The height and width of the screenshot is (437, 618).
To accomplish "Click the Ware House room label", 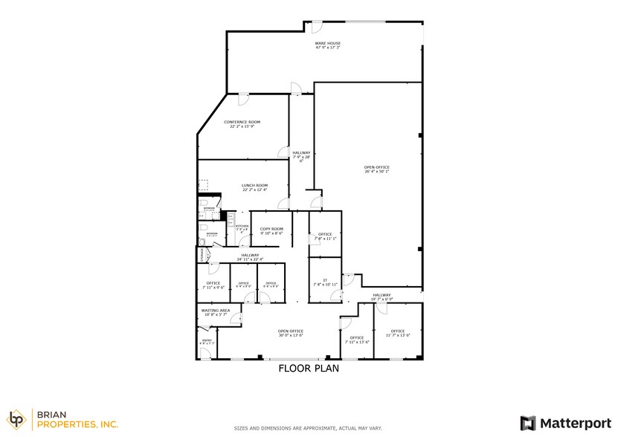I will [328, 46].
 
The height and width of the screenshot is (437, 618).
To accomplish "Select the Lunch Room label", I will [254, 187].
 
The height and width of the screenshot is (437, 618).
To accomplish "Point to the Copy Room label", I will [271, 231].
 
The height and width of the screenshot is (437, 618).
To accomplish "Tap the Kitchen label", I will [242, 227].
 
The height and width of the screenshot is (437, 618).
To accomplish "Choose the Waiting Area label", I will [215, 312].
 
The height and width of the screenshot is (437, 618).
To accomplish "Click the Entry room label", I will [207, 343].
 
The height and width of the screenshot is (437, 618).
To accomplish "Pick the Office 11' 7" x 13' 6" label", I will [398, 333].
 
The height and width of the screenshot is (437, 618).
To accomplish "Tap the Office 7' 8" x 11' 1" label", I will [325, 236].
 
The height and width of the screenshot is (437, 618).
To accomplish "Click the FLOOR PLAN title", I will [309, 368].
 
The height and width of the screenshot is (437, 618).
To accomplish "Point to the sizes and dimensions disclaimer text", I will [309, 429].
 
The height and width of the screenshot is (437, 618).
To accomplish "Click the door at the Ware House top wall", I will [315, 27].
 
